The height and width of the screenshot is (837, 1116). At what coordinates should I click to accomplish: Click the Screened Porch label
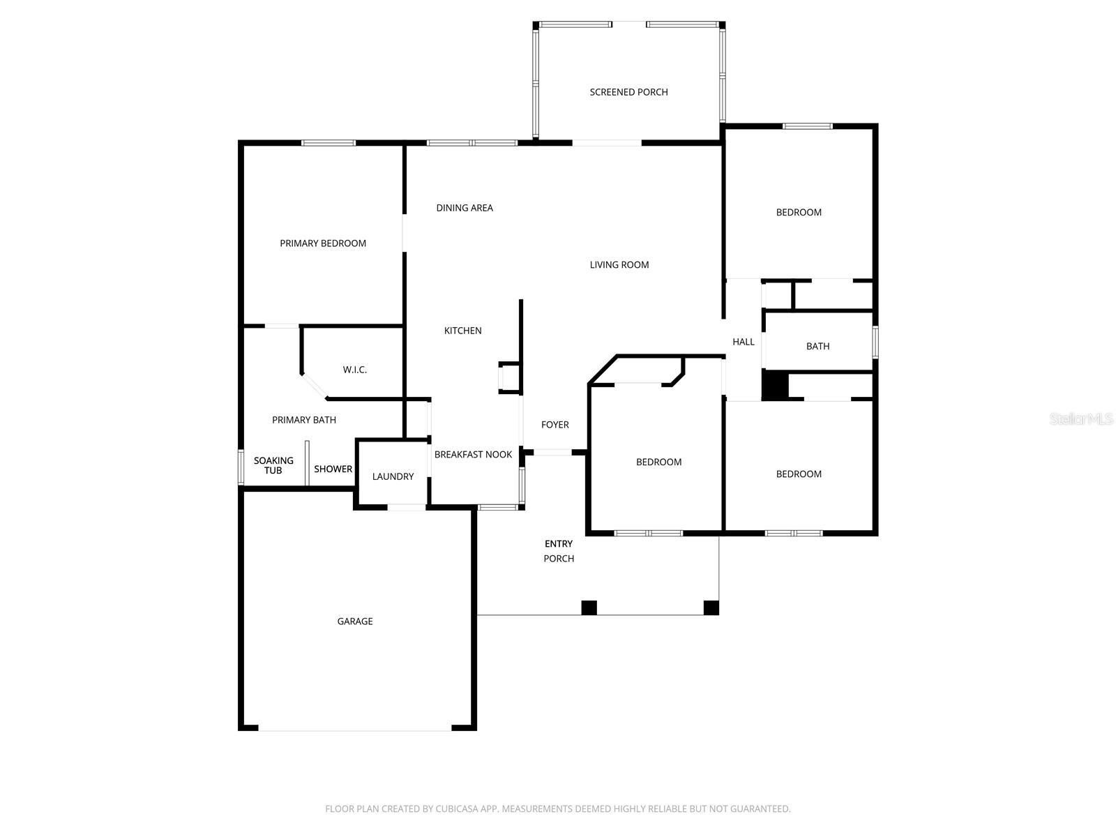click(x=628, y=92)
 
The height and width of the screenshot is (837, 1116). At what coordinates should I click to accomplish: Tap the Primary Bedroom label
click(x=323, y=243)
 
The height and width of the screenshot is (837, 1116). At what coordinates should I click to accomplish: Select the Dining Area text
click(x=465, y=208)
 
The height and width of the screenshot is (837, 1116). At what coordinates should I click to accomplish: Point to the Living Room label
click(x=619, y=264)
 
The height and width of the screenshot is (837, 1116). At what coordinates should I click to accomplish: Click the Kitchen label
click(x=463, y=331)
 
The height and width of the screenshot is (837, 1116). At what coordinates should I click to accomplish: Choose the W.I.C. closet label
click(x=354, y=370)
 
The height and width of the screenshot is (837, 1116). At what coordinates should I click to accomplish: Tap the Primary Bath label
click(x=304, y=420)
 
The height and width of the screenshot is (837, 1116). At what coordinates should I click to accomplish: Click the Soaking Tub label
click(x=273, y=465)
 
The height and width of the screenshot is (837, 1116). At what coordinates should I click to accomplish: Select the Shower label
click(x=333, y=469)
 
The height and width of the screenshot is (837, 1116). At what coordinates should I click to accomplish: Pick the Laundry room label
click(x=393, y=476)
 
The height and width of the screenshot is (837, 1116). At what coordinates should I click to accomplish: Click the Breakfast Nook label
click(x=473, y=455)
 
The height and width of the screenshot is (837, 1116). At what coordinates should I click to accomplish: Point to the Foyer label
click(x=555, y=425)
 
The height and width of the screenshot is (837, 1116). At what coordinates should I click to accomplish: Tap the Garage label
click(x=355, y=621)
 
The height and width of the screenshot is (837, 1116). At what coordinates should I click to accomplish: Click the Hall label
click(x=744, y=342)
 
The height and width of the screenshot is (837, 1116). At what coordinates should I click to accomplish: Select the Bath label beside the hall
click(x=817, y=346)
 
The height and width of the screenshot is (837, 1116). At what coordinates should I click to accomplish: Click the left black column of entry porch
click(x=589, y=608)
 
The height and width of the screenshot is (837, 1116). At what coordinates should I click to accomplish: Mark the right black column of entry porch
click(x=711, y=608)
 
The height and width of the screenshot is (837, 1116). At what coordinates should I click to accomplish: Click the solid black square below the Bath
click(x=774, y=386)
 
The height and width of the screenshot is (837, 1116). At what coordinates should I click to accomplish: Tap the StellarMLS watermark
click(x=1081, y=419)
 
